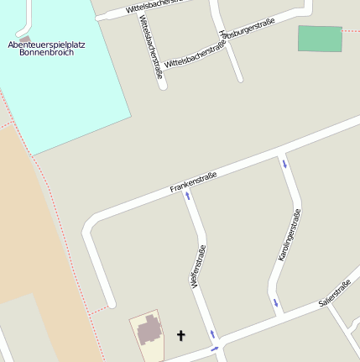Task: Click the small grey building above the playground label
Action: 25,39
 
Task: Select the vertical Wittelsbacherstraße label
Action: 149,47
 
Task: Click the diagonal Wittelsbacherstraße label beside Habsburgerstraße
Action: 195,57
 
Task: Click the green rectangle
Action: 320,39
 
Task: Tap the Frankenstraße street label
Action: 194,181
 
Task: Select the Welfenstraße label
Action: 199,267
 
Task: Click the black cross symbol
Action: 180,336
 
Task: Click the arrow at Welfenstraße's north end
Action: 187,197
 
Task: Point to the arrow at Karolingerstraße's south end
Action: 274,302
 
